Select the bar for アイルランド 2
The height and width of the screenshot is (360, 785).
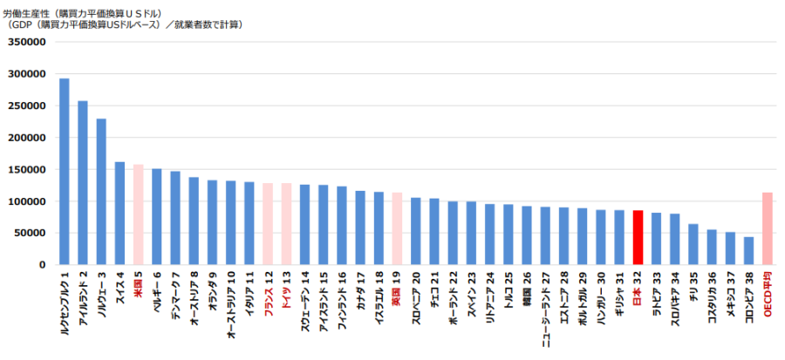click(83, 183)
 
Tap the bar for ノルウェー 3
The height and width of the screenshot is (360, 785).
click(101, 192)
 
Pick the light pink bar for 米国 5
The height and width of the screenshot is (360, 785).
click(138, 214)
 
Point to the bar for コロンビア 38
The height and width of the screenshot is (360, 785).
click(748, 250)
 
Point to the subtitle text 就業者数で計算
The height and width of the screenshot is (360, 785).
click(213, 24)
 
